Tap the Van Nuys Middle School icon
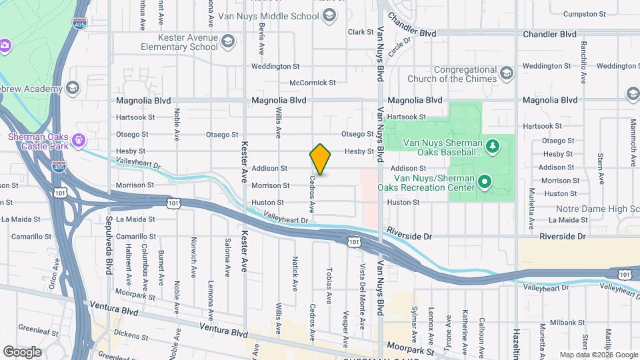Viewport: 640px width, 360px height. click(x=328, y=16)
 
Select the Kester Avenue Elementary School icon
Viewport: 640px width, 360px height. click(x=228, y=42)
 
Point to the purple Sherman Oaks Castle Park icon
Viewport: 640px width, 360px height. click(x=79, y=140)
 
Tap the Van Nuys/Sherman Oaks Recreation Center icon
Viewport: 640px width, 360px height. click(x=485, y=181)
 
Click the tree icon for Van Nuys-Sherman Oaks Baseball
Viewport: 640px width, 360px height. click(x=492, y=146)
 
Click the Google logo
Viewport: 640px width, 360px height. click(x=22, y=351)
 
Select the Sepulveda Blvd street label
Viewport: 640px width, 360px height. click(x=109, y=235)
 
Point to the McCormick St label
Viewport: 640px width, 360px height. click(x=312, y=83)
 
